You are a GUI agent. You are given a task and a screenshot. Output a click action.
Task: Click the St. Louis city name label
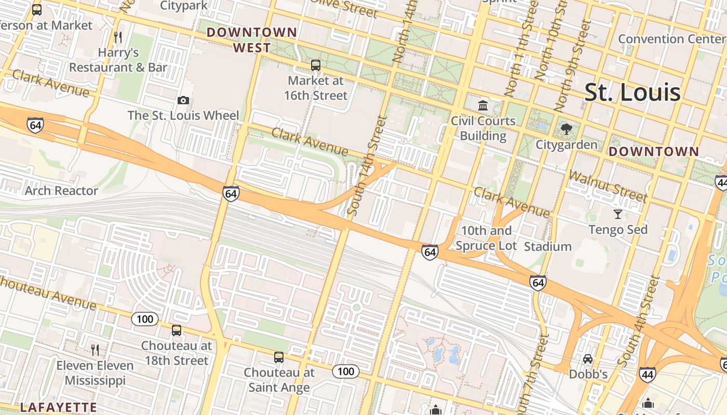coord(632,92)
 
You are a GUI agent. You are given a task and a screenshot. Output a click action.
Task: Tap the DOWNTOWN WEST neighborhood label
coord(252,40)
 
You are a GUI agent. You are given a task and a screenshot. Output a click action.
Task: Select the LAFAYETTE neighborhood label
coord(58,407)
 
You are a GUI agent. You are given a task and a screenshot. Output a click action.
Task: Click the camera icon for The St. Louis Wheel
coord(183,101)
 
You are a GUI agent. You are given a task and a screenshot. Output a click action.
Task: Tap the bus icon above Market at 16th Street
coord(315,65)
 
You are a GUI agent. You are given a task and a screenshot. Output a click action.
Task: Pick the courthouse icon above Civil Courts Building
coord(483,106)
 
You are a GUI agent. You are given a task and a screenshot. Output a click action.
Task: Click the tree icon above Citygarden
coord(567,129)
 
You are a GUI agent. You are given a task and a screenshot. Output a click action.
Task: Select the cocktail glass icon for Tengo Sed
coord(617,214)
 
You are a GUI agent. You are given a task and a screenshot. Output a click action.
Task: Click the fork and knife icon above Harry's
coord(118,37)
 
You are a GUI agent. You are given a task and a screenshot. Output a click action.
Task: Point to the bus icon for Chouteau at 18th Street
coord(177,330)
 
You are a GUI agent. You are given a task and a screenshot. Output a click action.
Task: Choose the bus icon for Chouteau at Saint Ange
coord(279,357)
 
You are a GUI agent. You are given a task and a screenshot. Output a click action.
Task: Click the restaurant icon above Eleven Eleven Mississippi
coord(95,350)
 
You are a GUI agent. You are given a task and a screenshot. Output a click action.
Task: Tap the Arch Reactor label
coord(61,191)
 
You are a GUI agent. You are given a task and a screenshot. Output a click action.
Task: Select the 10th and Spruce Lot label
coord(486,238)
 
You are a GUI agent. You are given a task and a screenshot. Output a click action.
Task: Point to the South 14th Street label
coord(367,166)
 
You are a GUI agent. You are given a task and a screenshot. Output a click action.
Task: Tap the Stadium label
coord(547,246)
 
